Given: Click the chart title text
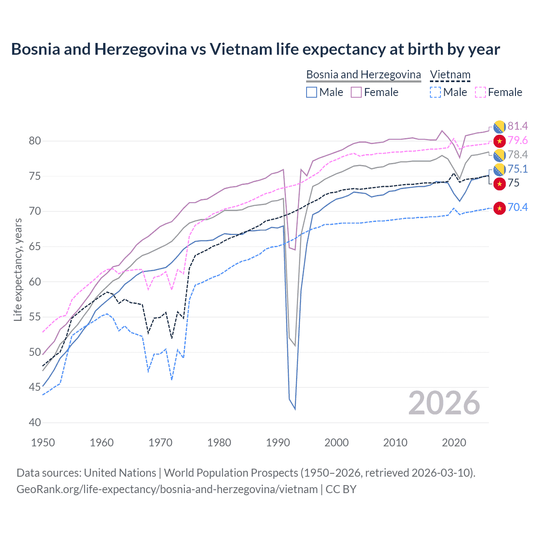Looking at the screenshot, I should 255,49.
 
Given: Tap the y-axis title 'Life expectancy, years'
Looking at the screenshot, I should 18,269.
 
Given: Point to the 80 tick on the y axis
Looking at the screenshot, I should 35,141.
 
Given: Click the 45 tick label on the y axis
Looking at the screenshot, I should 35,387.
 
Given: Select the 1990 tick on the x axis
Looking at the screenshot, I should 278,443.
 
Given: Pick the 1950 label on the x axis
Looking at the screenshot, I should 43,443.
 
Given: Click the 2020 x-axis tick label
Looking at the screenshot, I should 454,443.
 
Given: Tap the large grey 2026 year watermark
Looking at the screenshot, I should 444,403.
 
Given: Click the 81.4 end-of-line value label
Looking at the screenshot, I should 518,126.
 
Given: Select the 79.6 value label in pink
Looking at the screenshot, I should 518,140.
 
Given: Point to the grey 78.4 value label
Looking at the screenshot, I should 518,155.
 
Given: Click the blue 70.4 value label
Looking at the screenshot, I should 518,207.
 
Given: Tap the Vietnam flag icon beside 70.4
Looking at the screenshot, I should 499,208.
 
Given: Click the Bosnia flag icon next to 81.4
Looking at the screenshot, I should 499,126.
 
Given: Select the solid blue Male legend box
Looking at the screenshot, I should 312,92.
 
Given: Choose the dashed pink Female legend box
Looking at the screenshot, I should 480,92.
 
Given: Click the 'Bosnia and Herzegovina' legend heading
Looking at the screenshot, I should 363,75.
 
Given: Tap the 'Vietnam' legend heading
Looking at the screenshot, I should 450,75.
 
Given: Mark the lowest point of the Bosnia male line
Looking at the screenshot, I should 295,409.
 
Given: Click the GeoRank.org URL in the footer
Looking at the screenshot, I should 167,489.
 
